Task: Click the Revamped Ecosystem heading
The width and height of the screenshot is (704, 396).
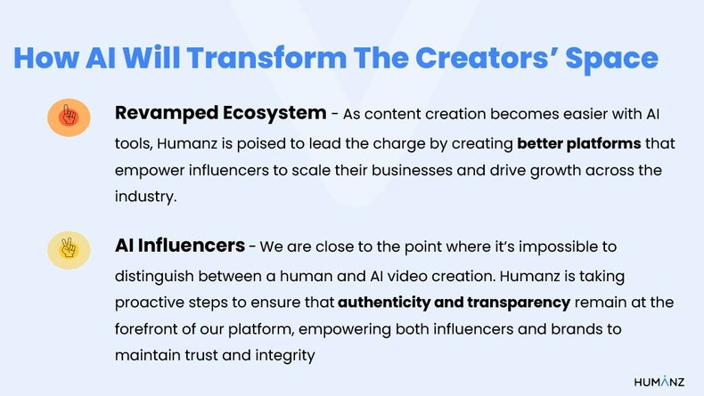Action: [x=220, y=113]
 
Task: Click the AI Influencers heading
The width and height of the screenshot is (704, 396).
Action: [x=179, y=244]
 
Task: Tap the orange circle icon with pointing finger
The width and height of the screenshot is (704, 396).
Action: [x=69, y=117]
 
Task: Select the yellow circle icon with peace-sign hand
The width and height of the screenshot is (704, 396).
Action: [x=69, y=250]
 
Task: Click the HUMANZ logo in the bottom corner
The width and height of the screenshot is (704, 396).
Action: [x=659, y=381]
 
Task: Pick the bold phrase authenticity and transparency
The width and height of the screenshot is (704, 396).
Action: [x=454, y=302]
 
